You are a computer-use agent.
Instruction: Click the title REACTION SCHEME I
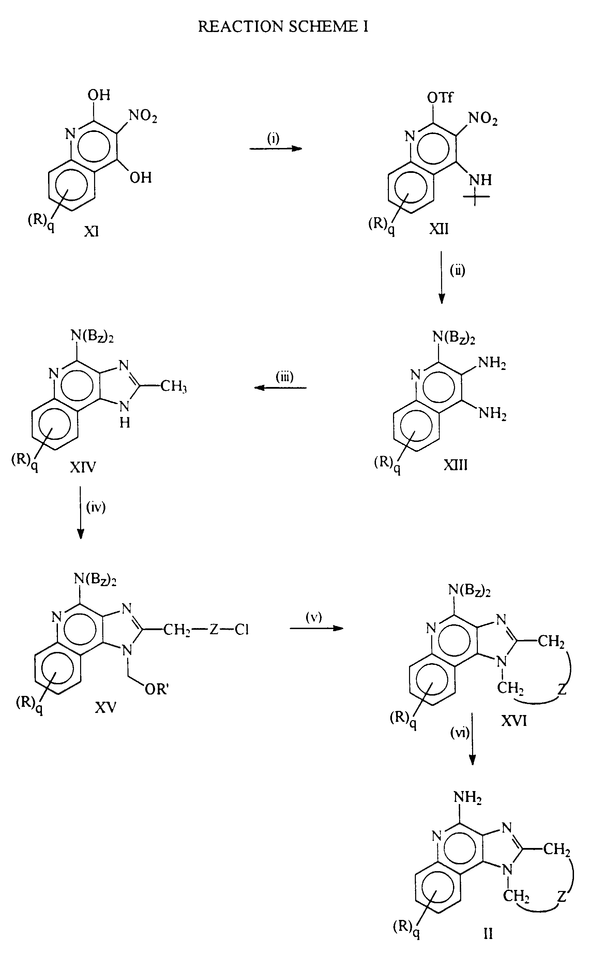[x=283, y=27]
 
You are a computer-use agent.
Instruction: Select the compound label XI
[x=92, y=232]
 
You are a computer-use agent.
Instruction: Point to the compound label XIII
[x=456, y=464]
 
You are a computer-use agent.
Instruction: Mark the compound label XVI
[x=514, y=721]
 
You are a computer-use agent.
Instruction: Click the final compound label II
[x=488, y=933]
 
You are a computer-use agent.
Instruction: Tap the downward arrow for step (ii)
[x=441, y=278]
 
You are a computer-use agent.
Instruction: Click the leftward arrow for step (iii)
[x=281, y=388]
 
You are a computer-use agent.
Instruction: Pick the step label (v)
[x=314, y=617]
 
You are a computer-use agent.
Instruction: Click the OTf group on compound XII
[x=440, y=98]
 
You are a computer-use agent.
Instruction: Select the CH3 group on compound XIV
[x=173, y=387]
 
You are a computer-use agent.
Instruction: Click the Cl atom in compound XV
[x=242, y=630]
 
